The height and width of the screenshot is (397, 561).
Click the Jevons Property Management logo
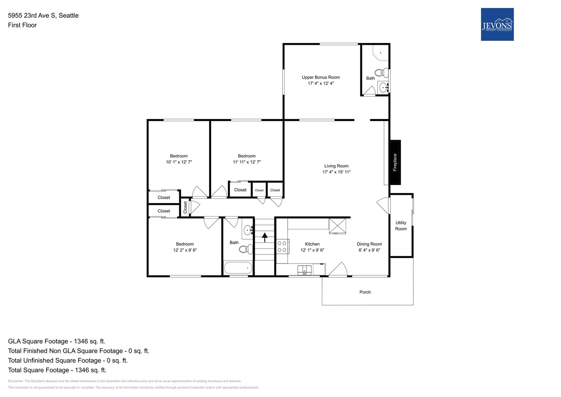pos(497,24)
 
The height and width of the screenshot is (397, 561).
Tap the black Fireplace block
pos(395,162)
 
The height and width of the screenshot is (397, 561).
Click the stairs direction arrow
pos(265,237)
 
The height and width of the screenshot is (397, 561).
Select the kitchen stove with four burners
pos(283,246)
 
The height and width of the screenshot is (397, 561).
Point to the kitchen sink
pos(305,270)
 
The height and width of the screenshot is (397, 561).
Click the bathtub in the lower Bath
pos(238,268)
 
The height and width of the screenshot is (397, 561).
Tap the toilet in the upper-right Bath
pos(382,73)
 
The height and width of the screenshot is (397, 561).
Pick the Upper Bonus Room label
pos(321,78)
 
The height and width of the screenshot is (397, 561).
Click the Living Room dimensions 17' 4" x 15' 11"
pos(337,172)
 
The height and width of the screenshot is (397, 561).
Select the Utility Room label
pos(401,226)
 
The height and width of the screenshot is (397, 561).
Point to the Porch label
pos(365,292)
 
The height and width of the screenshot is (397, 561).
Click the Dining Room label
pos(370,244)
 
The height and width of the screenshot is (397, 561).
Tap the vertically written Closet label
pos(185,207)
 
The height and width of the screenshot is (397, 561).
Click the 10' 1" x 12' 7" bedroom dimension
pos(179,162)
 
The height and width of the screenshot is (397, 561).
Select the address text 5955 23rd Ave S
pos(32,15)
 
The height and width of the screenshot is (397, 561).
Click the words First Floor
pos(22,25)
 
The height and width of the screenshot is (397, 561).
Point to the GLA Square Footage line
pos(57,341)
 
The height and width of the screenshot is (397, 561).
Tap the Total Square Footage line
pos(57,370)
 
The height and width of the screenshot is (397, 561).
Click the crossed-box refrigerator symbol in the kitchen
pos(337,226)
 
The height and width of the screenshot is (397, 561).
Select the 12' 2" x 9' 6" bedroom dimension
pos(185,250)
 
